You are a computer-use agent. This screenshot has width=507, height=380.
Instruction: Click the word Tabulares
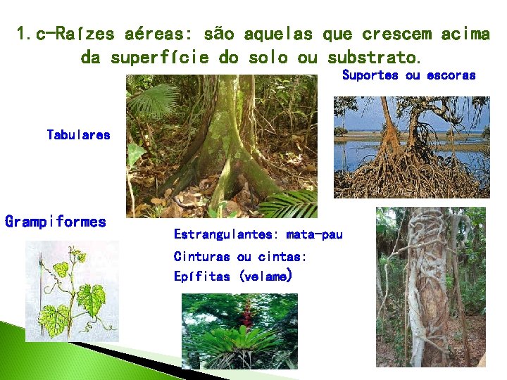[x=78, y=134]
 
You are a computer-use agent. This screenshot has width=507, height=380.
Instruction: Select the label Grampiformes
[x=56, y=222]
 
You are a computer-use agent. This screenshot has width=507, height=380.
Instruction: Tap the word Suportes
[x=370, y=75]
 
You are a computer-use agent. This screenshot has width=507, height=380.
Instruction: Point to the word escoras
[x=451, y=75]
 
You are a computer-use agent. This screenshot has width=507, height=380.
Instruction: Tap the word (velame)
[x=265, y=277]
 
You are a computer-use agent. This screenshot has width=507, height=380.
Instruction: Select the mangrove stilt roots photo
[x=411, y=147]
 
